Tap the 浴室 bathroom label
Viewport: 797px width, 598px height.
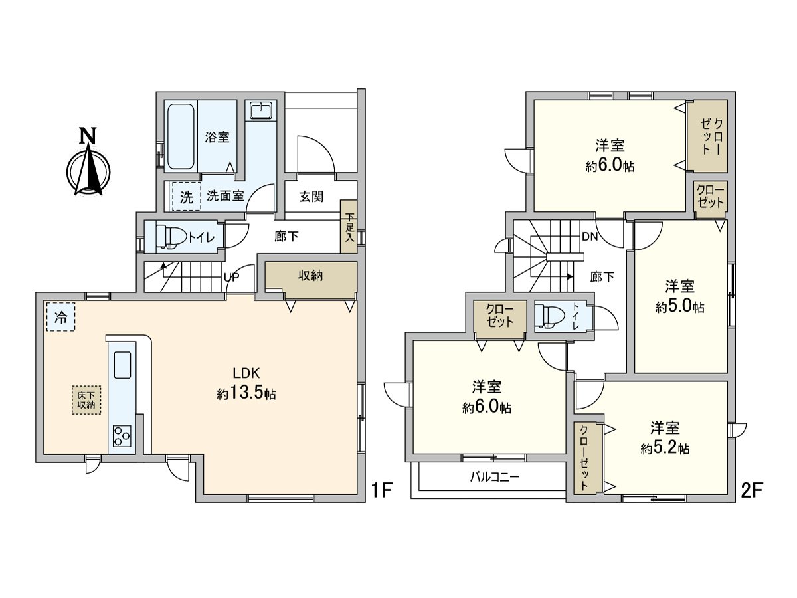tap(217, 138)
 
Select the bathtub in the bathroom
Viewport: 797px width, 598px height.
tap(181, 137)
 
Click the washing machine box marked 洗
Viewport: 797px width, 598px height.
tap(187, 197)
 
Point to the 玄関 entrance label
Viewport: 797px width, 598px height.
tap(311, 197)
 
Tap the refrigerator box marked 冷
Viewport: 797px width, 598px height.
tap(60, 317)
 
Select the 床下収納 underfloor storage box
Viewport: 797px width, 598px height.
tap(86, 400)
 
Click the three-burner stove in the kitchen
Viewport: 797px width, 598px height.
tap(122, 436)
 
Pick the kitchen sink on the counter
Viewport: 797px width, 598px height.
tap(122, 365)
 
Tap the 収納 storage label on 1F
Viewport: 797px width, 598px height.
tap(310, 276)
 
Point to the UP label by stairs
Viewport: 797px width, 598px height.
tap(232, 277)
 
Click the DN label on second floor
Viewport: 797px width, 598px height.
tap(590, 237)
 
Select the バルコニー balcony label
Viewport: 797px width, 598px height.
tap(495, 476)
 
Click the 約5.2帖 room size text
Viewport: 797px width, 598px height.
tap(665, 449)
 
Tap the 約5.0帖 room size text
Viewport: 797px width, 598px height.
tap(679, 307)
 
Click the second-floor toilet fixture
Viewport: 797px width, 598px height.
tap(549, 316)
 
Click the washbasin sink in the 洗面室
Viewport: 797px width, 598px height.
tap(261, 110)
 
